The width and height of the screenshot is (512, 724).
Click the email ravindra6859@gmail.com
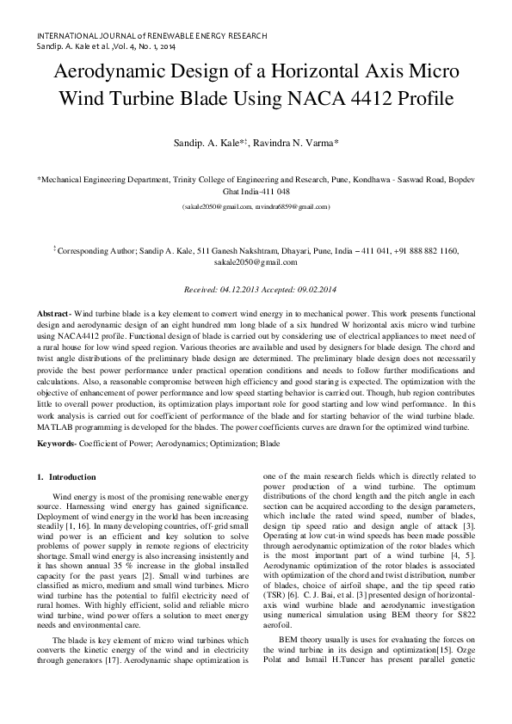(x=292, y=207)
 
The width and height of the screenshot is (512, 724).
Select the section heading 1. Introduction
(x=72, y=476)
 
